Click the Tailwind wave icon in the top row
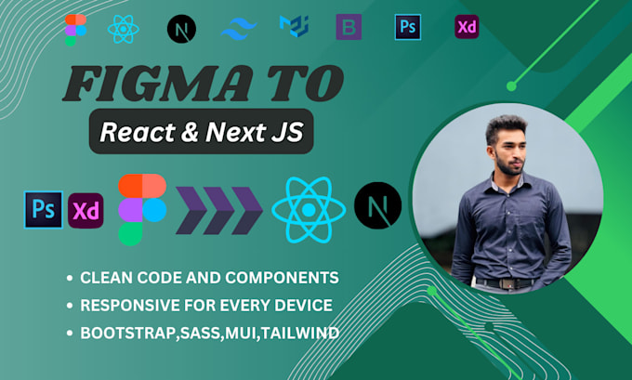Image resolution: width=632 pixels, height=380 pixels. click(239, 29)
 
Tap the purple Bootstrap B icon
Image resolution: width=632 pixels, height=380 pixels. click(349, 28)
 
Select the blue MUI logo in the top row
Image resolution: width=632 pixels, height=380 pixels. click(294, 28)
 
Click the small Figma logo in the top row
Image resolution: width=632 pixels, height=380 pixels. click(71, 30)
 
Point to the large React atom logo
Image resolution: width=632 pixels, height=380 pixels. click(308, 208)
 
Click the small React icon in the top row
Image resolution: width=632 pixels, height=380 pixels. click(123, 29)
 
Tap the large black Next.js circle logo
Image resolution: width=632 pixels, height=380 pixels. click(377, 205)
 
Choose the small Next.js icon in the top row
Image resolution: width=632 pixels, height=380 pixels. click(181, 29)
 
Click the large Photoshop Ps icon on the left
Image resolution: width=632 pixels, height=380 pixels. click(43, 208)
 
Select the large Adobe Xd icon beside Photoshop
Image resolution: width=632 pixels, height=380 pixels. click(86, 210)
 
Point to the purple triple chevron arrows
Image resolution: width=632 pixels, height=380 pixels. click(219, 209)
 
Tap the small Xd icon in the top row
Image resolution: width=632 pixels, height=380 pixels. click(467, 27)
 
